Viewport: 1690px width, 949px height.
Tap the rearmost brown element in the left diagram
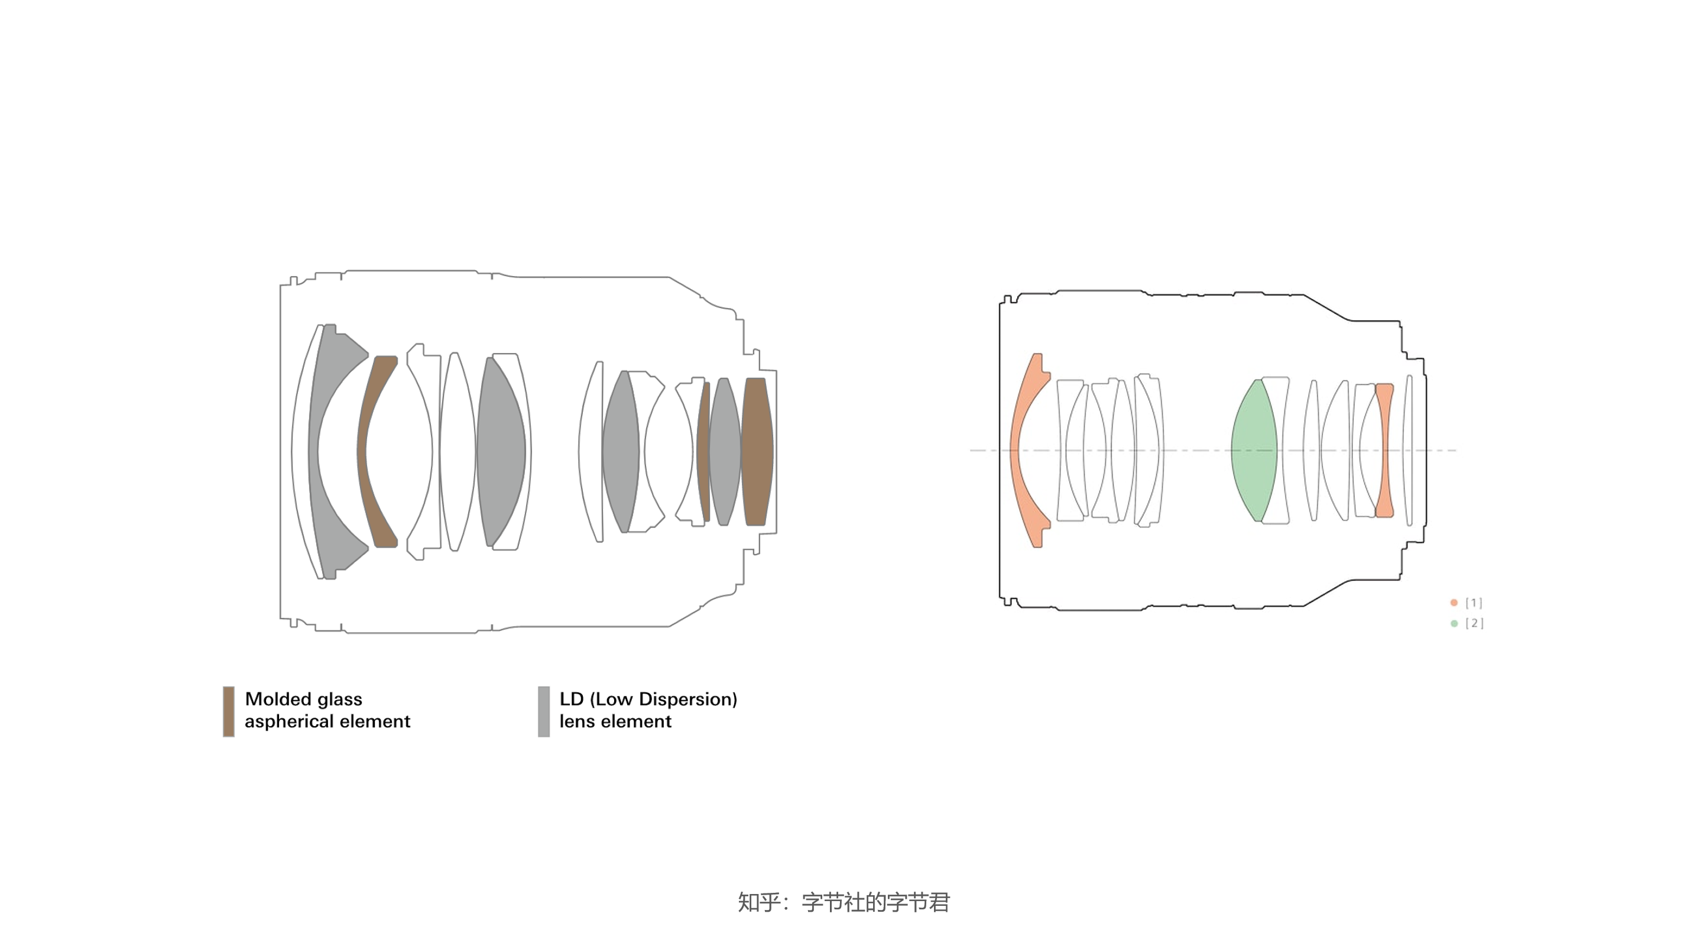[x=757, y=452]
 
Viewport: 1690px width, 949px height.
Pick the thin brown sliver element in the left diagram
[x=703, y=452]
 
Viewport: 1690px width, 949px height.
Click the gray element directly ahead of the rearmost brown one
[x=725, y=452]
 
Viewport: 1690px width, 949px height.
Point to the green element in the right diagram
[x=1254, y=450]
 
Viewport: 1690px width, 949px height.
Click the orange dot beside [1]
[x=1454, y=603]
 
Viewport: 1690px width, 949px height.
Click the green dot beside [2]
[x=1454, y=623]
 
